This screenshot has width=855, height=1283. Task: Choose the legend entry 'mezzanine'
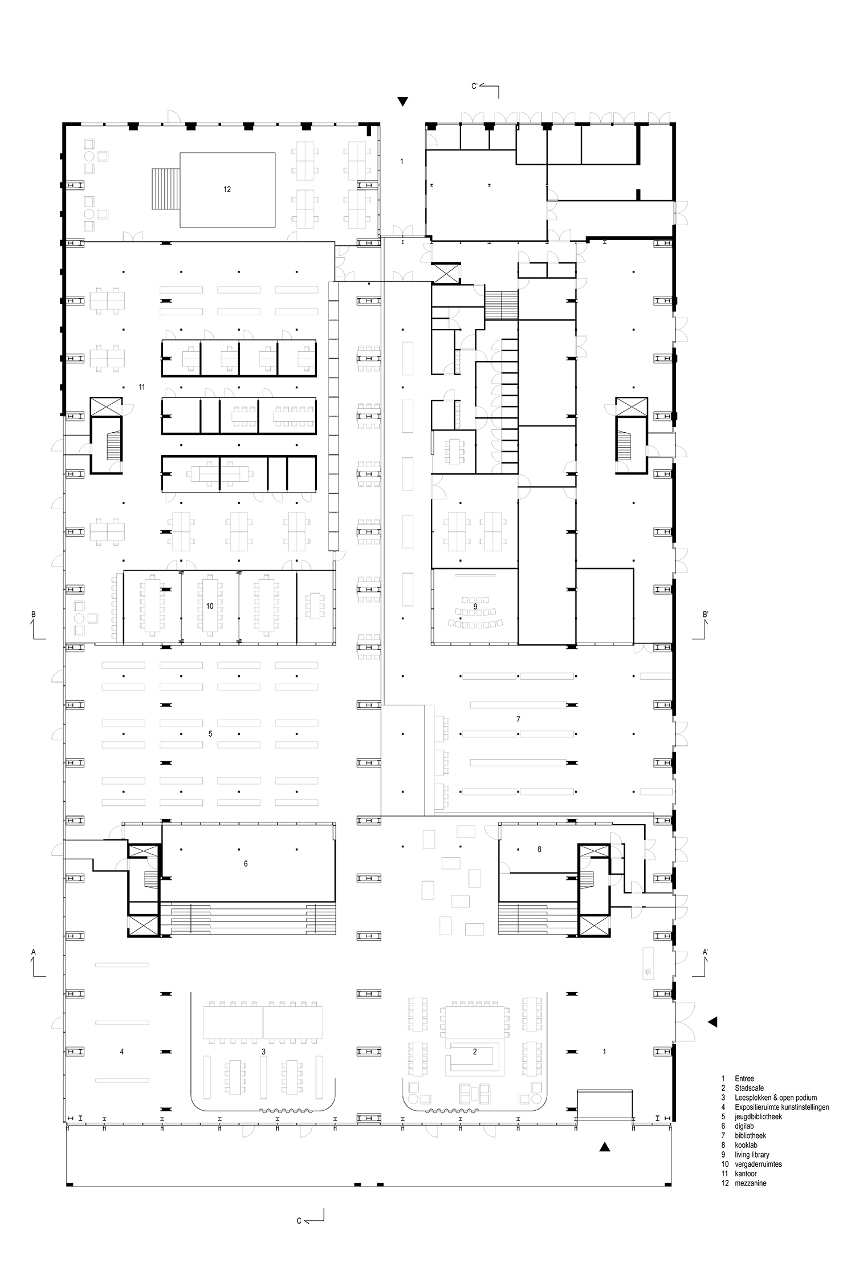pos(751,1183)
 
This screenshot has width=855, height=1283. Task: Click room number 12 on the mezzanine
pos(227,189)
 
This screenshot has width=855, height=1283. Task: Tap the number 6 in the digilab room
pos(246,864)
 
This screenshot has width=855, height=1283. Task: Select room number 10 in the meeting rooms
pos(210,606)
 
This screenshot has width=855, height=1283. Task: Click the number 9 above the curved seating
pos(475,606)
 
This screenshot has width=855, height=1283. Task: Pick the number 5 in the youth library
pos(210,733)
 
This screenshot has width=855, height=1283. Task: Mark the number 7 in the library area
pos(518,720)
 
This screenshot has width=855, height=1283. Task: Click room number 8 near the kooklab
pos(539,849)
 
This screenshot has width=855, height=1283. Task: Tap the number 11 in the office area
pos(141,387)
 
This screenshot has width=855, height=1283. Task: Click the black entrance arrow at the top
pos(403,102)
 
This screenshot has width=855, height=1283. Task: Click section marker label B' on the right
pos(706,615)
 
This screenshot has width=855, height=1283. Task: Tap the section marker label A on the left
pos(34,952)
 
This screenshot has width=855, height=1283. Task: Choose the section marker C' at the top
pos(475,86)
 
